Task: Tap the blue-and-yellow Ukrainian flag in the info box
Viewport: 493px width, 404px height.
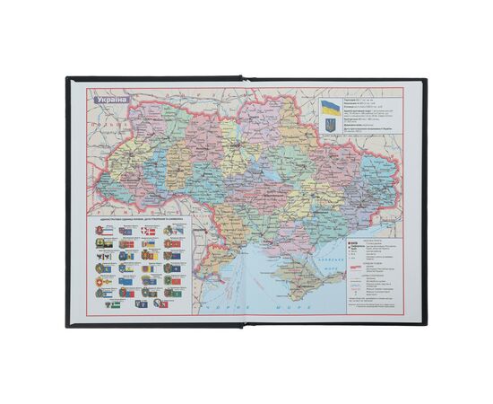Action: (x=331, y=111)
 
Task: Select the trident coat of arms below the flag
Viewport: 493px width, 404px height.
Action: (x=331, y=127)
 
